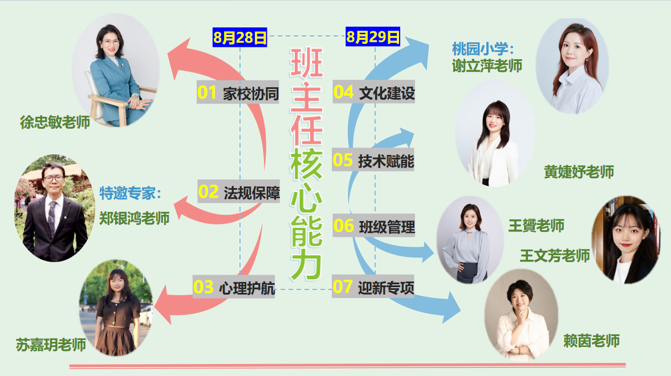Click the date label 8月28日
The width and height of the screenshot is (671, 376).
tap(239, 38)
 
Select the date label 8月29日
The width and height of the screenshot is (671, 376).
tap(373, 37)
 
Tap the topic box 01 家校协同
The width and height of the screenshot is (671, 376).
tap(238, 92)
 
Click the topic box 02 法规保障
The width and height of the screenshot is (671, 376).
tap(239, 191)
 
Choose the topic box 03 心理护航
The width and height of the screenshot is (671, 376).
tap(234, 287)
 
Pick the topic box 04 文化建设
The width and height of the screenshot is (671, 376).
tap(374, 92)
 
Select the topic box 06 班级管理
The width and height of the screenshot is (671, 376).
tap(374, 226)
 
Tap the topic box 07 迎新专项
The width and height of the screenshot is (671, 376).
tap(373, 287)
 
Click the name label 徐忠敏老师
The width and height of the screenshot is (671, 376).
tap(55, 122)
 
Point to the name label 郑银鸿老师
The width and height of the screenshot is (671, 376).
tap(135, 218)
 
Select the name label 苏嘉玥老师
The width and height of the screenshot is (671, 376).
tap(51, 344)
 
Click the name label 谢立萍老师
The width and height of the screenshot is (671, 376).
tap(487, 66)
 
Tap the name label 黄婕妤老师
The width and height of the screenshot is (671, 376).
tap(579, 172)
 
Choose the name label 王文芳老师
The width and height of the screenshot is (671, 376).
tap(555, 256)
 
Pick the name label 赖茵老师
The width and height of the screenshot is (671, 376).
tap(591, 341)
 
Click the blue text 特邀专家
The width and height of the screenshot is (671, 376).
tap(128, 193)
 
